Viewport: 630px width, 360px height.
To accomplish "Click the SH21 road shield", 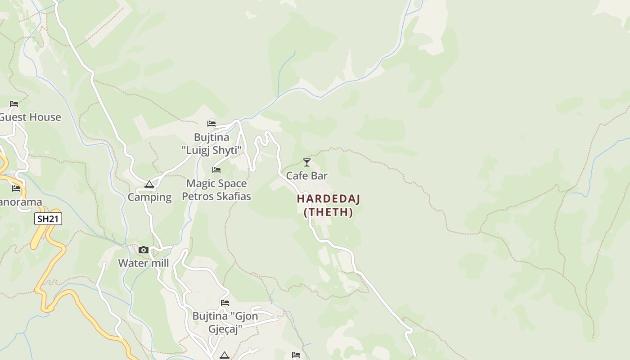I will (x=48, y=219).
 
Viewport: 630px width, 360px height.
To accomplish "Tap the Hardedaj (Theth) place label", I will (x=328, y=205).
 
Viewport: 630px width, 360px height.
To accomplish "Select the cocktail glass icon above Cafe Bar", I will (x=307, y=162).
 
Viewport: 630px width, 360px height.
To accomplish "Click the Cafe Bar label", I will (x=307, y=175).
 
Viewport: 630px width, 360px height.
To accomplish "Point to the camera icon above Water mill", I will (x=144, y=250).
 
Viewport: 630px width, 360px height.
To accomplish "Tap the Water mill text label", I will (x=144, y=263).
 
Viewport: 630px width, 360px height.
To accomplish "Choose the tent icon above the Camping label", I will (x=149, y=184).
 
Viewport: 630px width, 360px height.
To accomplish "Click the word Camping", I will (x=149, y=197).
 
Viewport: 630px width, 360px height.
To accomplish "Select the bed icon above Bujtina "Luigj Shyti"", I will (x=211, y=123).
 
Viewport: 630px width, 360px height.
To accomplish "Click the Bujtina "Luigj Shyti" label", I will (x=211, y=144).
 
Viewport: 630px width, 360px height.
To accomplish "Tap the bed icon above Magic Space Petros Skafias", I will (x=216, y=170).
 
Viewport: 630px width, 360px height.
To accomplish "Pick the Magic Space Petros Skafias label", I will (x=216, y=190).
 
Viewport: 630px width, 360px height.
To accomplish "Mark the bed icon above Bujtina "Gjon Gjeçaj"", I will (x=225, y=303).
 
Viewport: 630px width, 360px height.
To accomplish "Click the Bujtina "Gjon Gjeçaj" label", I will (x=225, y=322).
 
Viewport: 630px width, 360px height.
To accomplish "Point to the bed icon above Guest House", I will (x=14, y=104).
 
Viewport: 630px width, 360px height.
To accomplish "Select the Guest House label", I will (x=30, y=117).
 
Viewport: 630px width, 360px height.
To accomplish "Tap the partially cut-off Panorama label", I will (x=21, y=202).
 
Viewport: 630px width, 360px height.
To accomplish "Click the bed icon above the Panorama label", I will (x=16, y=188).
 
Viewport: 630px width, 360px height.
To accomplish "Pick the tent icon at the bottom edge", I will (x=224, y=355).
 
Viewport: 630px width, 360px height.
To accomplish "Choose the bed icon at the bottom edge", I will (x=296, y=355).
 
